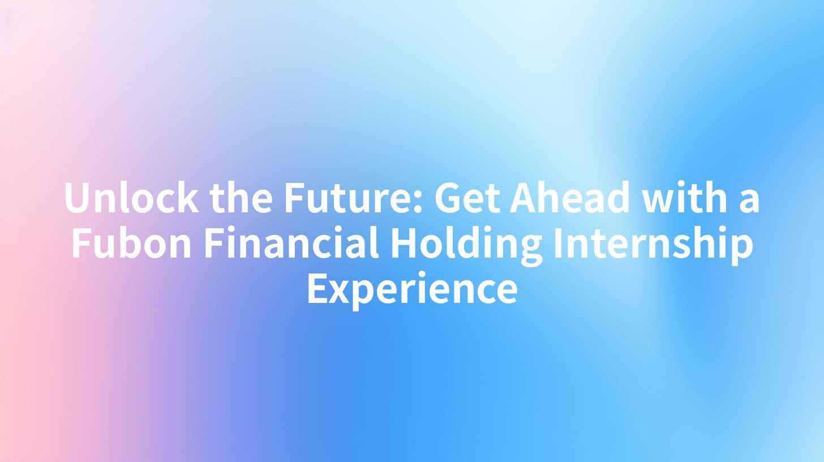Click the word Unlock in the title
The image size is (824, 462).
pos(131,199)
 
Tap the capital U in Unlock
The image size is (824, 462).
pos(78,199)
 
